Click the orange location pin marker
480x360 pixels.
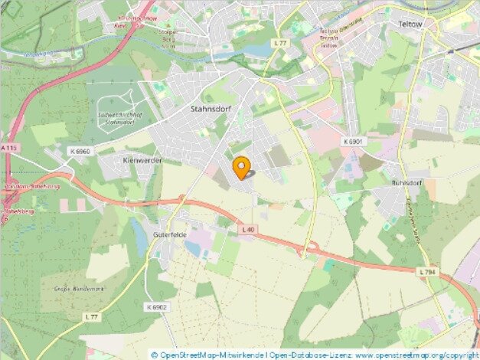point(242,166)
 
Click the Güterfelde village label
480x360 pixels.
point(170,234)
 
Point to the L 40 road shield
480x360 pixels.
point(247,229)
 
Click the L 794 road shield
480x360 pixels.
point(429,272)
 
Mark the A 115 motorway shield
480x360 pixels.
point(8,147)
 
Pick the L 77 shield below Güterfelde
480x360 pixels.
point(92,317)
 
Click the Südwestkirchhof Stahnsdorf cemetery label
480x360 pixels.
point(116,116)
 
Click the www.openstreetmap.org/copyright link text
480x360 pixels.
point(416,355)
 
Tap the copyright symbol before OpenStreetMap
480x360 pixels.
point(154,355)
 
